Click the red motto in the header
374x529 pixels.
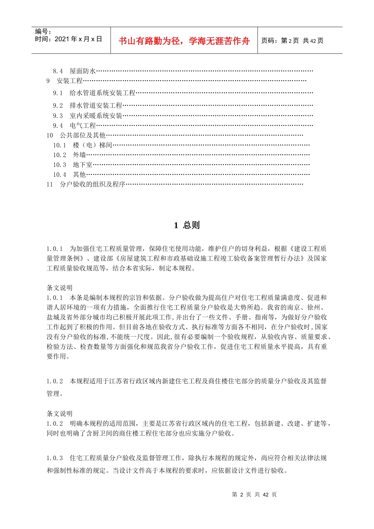tap(184, 41)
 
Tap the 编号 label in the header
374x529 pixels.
tap(43, 31)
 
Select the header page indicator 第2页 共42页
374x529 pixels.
tap(292, 41)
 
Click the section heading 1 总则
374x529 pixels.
tap(187, 225)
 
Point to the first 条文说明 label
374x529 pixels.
tap(59, 288)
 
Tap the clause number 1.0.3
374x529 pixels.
tap(55, 458)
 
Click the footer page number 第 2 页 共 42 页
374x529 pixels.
tap(254, 494)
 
